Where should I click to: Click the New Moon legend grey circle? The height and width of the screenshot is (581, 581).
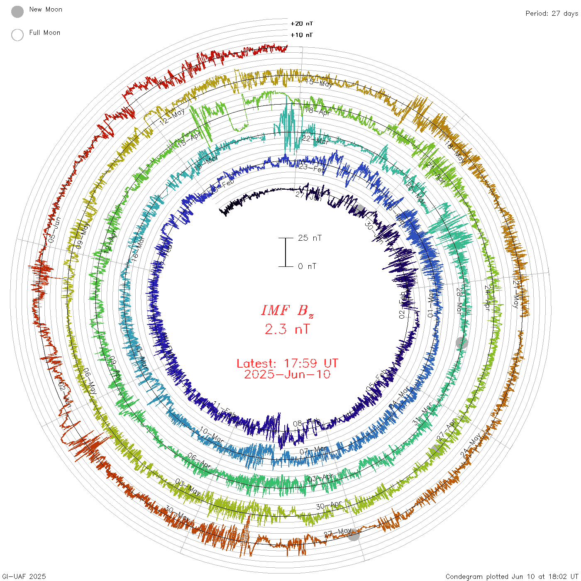pyautogui.click(x=17, y=12)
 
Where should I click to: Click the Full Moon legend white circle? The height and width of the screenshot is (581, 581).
pyautogui.click(x=17, y=35)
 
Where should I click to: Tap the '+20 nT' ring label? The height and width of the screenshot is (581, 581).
pyautogui.click(x=302, y=24)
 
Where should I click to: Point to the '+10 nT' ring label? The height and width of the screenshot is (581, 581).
pyautogui.click(x=302, y=35)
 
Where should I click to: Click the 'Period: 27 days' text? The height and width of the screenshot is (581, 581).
pyautogui.click(x=552, y=13)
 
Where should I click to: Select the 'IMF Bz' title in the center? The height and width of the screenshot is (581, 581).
pyautogui.click(x=287, y=310)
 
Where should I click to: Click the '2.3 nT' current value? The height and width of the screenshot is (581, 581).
pyautogui.click(x=287, y=329)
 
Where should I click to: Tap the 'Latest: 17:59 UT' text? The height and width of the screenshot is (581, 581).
pyautogui.click(x=287, y=364)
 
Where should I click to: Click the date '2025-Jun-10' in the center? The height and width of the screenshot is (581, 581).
pyautogui.click(x=287, y=374)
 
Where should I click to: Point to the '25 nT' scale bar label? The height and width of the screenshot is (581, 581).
pyautogui.click(x=310, y=238)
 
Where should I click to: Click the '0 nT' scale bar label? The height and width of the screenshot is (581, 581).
pyautogui.click(x=307, y=266)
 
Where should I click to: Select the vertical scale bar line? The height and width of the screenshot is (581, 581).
pyautogui.click(x=286, y=252)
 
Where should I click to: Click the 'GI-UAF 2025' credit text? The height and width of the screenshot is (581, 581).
pyautogui.click(x=23, y=576)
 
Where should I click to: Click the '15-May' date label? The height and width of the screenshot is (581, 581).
pyautogui.click(x=319, y=82)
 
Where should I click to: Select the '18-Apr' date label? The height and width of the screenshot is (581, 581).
pyautogui.click(x=318, y=111)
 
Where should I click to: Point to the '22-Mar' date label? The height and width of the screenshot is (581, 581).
pyautogui.click(x=315, y=140)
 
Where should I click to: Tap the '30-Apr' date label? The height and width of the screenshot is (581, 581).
pyautogui.click(x=329, y=505)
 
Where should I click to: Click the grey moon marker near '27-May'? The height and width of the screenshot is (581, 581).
pyautogui.click(x=354, y=535)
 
